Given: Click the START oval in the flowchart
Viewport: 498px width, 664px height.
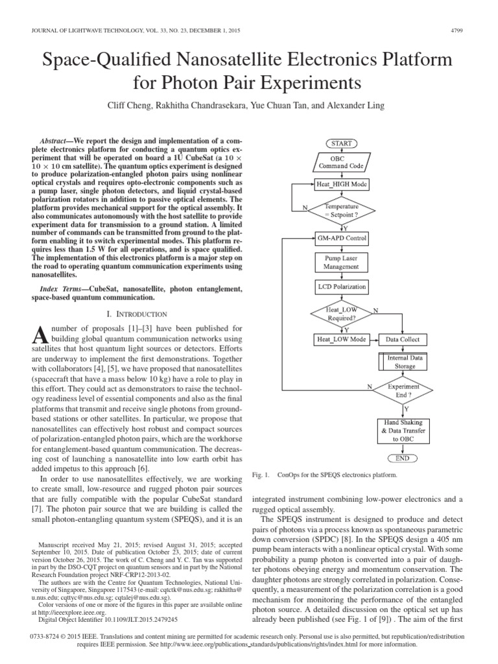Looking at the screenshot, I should coord(341,143).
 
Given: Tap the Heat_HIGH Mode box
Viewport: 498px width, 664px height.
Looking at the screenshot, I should coord(341,184).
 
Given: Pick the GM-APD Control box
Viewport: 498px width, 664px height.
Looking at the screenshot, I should coord(341,238).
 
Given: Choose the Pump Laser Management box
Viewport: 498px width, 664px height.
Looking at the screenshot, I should coord(341,262).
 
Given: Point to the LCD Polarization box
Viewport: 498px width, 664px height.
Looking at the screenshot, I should coord(341,286).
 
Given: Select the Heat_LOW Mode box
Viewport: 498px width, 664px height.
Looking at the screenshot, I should coord(341,339).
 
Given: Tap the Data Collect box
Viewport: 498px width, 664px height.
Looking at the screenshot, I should coord(403,339).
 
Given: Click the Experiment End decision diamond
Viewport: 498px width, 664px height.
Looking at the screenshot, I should coord(403,390).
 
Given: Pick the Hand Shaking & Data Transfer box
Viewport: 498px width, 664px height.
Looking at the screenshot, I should coord(403,431).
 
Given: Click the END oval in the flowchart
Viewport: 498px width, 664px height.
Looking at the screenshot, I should coord(403,458).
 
